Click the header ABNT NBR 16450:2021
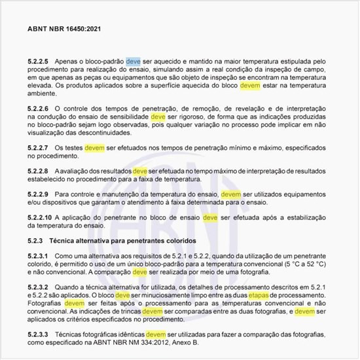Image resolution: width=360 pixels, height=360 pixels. [64, 29]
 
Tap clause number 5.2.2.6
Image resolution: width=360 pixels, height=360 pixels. [41, 107]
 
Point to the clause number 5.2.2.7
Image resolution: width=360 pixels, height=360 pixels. [41, 148]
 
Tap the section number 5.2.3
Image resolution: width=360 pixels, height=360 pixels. [37, 240]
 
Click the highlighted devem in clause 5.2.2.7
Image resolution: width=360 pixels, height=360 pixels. [94, 148]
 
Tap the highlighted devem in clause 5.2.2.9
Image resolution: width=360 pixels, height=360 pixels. [230, 194]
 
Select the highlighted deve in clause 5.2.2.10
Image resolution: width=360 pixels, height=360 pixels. [210, 217]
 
